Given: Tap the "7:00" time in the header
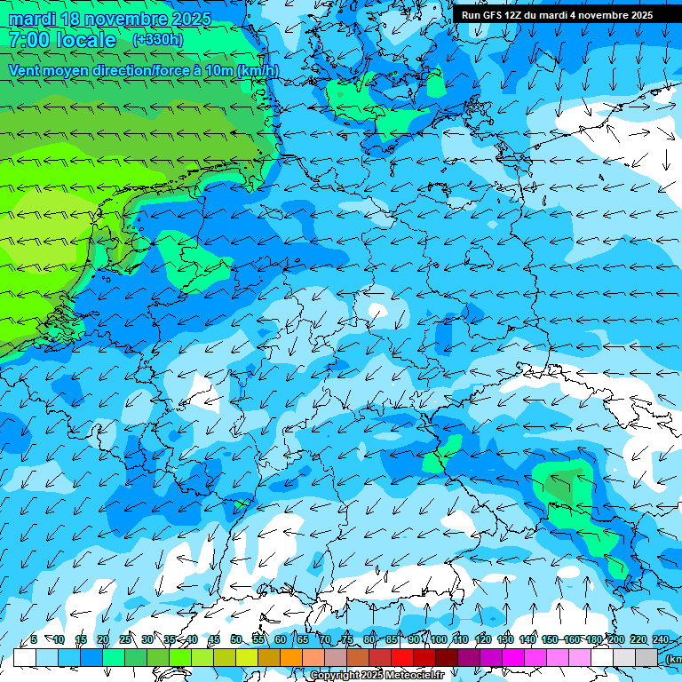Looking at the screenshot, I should click(x=29, y=40).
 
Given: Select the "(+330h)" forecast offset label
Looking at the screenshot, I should click(x=158, y=39).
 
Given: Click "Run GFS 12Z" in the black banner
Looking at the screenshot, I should click(x=495, y=15).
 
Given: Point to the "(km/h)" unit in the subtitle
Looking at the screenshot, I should click(x=257, y=70).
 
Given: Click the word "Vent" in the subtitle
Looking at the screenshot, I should click(x=26, y=70).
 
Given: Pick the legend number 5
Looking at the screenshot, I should click(x=34, y=639).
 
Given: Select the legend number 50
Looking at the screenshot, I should click(x=235, y=639).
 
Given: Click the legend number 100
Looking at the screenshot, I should click(x=438, y=639).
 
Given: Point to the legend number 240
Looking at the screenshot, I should click(x=660, y=639).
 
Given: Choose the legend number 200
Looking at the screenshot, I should click(x=615, y=639).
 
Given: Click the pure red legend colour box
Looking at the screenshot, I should click(x=402, y=657).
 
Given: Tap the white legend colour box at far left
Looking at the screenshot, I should click(x=25, y=657).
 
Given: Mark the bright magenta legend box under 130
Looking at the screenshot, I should click(x=513, y=657).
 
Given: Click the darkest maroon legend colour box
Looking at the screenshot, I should click(x=447, y=657).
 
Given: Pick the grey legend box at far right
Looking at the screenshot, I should click(x=646, y=657).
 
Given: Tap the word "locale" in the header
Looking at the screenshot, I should click(x=85, y=40).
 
